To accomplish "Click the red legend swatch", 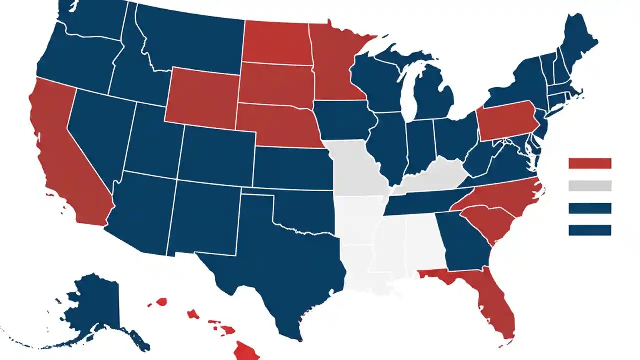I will coord(590,163).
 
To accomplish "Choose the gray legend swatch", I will coord(590,186).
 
